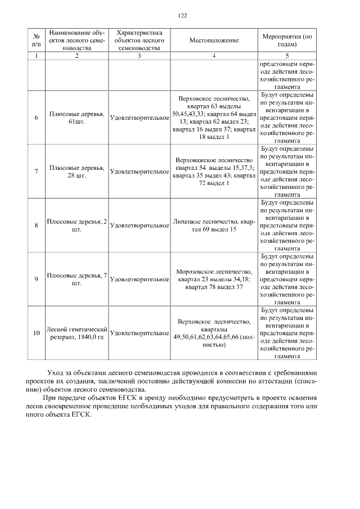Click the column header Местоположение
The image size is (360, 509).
(214, 40)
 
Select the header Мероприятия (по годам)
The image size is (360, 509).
(287, 40)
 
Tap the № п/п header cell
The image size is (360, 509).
(37, 40)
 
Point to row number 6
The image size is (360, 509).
(37, 118)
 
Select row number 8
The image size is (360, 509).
(37, 226)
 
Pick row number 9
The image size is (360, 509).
(37, 279)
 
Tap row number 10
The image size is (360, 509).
(37, 333)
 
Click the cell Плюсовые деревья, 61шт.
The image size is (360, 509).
(76, 118)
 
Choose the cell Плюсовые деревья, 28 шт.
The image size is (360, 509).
(76, 172)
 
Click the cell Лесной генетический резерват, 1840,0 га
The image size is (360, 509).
(76, 333)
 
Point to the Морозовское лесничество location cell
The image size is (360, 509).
(214, 279)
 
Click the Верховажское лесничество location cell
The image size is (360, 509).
(214, 172)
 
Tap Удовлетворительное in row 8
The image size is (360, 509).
(139, 226)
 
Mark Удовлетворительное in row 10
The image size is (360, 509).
(139, 334)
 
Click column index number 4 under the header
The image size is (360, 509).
(214, 56)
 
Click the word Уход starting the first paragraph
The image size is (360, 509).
(57, 372)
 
